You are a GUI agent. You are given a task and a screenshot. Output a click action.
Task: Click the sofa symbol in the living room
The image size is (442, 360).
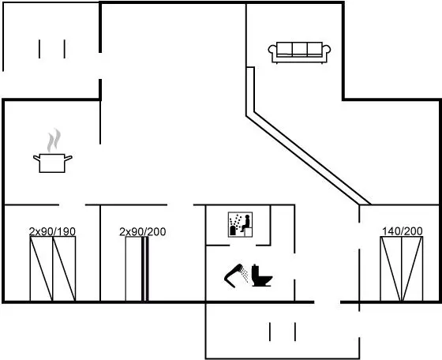[x=299, y=53]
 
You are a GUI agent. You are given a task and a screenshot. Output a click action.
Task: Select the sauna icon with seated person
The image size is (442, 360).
[x=240, y=224]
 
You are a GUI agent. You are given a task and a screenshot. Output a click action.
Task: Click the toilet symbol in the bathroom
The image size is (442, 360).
[x=261, y=276]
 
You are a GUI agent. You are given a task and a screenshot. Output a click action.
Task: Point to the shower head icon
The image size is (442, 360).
[x=234, y=275]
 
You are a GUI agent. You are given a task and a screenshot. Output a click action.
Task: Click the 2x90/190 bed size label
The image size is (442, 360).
[x=52, y=231]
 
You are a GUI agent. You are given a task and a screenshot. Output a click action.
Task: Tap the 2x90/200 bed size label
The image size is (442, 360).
[x=143, y=232]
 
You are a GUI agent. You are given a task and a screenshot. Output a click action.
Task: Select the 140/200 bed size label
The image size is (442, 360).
[x=403, y=231]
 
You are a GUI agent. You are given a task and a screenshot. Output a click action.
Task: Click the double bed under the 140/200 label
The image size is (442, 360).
[x=402, y=269]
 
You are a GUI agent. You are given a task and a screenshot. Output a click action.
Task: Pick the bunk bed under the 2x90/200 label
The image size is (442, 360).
[x=137, y=269]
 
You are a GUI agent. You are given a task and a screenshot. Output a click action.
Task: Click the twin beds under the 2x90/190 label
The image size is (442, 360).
[x=53, y=269]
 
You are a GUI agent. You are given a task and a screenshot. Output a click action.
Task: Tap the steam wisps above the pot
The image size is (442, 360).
[x=54, y=140]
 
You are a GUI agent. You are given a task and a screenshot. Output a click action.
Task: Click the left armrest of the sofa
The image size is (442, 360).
[x=272, y=51]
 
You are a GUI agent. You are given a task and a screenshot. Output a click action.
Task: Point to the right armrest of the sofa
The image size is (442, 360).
[x=327, y=51]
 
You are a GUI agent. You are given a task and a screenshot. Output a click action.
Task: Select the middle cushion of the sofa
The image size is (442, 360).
[x=299, y=49]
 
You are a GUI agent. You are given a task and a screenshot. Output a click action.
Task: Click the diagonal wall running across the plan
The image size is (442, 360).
[x=309, y=159]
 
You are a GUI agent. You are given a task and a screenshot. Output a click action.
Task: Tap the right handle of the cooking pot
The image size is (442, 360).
[x=69, y=158]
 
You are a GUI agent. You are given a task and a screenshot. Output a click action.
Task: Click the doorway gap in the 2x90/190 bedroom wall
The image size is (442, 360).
[x=72, y=205]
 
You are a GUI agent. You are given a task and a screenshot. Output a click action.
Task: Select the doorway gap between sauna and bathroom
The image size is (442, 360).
[x=243, y=246]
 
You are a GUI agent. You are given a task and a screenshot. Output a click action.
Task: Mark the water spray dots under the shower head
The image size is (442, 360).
[x=245, y=275]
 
